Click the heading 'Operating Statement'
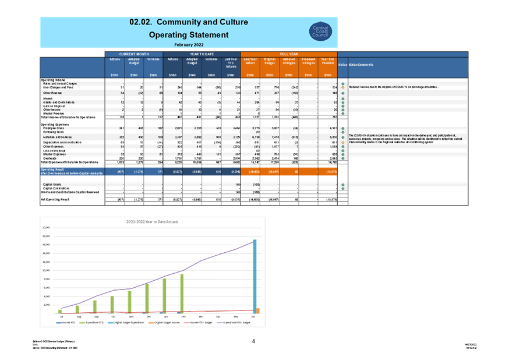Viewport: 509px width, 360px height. (188, 35)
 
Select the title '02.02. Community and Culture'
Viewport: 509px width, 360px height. (188, 22)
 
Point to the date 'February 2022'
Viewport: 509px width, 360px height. (188, 44)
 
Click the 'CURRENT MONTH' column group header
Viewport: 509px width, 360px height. (134, 54)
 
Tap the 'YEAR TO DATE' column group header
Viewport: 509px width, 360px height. (202, 54)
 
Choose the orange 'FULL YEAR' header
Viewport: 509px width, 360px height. (289, 54)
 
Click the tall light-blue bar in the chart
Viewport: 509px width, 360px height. (254, 276)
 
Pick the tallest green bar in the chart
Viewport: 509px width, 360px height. (182, 293)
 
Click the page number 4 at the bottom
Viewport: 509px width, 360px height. (253, 341)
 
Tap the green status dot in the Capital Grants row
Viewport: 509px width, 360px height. (342, 184)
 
